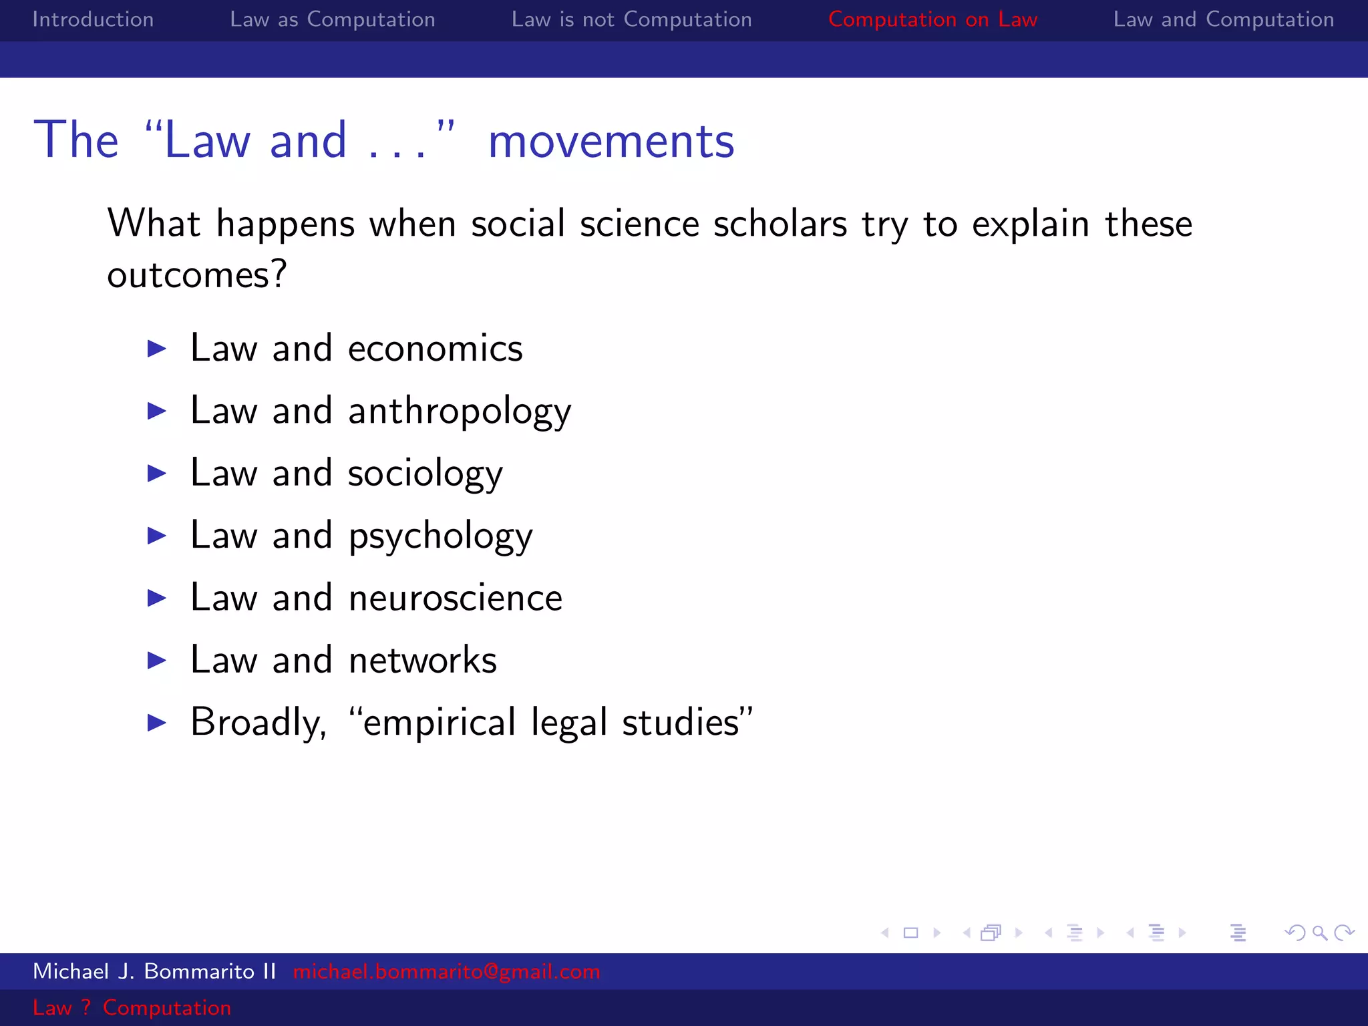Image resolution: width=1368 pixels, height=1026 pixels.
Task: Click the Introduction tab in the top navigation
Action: click(x=93, y=19)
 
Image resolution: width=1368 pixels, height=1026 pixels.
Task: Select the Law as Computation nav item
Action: click(x=332, y=19)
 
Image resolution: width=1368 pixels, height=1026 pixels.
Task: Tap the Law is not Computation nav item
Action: click(x=631, y=19)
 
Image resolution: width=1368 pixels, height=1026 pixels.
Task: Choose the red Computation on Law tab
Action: click(x=932, y=19)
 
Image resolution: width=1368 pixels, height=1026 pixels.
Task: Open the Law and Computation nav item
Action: click(x=1223, y=19)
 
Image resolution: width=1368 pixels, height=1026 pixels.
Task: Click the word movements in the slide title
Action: click(x=611, y=142)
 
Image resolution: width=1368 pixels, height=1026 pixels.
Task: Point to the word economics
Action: click(x=435, y=349)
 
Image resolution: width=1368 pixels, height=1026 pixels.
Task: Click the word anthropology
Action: click(x=460, y=411)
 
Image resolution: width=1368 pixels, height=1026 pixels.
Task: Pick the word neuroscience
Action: click(x=455, y=598)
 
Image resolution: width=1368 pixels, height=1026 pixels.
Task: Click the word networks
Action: click(x=422, y=661)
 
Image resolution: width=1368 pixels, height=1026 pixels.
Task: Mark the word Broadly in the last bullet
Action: click(x=258, y=723)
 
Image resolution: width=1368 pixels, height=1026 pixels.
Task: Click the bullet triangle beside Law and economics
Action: click(x=157, y=349)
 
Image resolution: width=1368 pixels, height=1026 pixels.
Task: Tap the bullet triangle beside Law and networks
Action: click(x=157, y=661)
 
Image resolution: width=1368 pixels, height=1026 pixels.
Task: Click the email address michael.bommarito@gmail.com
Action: click(x=446, y=971)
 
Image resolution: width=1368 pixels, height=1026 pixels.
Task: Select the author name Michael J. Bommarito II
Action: click(x=154, y=971)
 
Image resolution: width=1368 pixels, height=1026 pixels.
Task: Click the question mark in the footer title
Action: click(x=85, y=1007)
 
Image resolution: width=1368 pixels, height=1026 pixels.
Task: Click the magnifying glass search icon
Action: click(x=1319, y=932)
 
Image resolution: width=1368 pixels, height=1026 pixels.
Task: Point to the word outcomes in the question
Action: click(x=196, y=275)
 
